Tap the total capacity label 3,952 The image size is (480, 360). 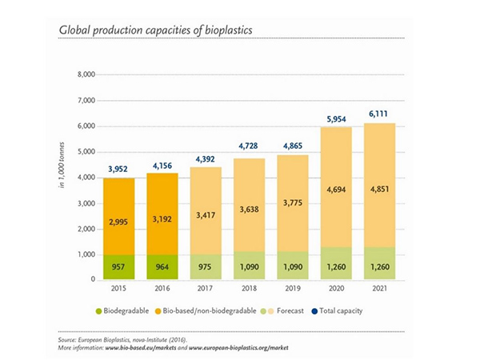click(x=119, y=170)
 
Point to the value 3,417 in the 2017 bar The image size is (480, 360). click(x=206, y=215)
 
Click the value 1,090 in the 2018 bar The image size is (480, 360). click(x=250, y=264)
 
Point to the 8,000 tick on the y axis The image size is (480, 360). click(x=84, y=75)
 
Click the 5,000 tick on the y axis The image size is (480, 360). click(x=84, y=152)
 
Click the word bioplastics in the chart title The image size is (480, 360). click(x=213, y=30)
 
